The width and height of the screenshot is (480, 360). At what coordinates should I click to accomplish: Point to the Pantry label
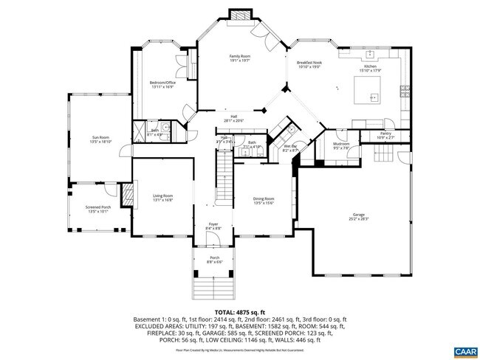[x=385, y=135]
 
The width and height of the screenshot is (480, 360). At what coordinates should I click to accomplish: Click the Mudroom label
[x=340, y=145]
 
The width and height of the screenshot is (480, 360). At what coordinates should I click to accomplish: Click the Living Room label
[x=162, y=197]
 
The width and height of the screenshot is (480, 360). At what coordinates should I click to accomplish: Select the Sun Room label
[x=100, y=139]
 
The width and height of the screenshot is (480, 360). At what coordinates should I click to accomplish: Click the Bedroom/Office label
[x=162, y=84]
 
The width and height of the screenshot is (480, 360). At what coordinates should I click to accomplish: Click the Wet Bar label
[x=291, y=148]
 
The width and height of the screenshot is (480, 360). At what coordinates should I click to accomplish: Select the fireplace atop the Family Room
[x=238, y=16]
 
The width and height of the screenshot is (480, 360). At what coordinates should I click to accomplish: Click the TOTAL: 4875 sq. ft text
[x=240, y=313]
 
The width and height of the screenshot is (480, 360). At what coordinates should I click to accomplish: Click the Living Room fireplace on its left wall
[x=128, y=197]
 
